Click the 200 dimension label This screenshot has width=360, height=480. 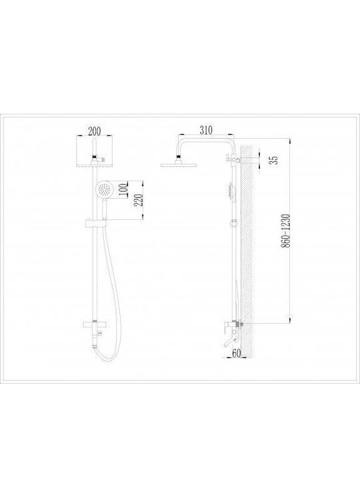(x=94, y=131)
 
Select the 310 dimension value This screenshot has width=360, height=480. (x=206, y=130)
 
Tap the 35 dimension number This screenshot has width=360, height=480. (x=274, y=160)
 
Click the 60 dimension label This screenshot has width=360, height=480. (x=236, y=353)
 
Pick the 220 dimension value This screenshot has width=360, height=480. (x=139, y=200)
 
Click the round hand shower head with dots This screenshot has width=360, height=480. (x=104, y=189)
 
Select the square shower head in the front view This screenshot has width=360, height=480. (x=94, y=165)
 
